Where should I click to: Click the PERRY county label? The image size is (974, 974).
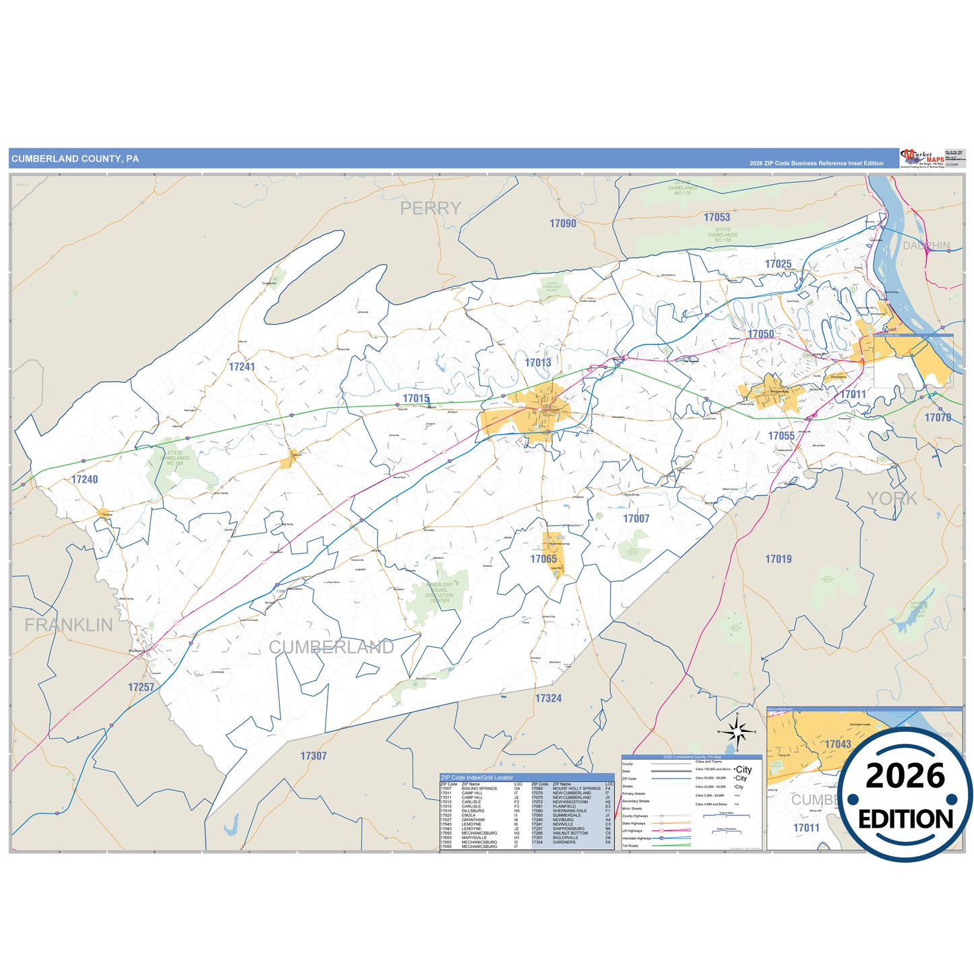[431, 208]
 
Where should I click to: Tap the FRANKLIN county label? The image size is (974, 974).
[69, 625]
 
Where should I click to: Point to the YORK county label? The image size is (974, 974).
[892, 499]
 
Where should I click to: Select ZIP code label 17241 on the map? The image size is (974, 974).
[242, 367]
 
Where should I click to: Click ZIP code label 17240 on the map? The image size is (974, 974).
[85, 479]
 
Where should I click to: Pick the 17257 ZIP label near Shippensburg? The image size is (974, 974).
[142, 687]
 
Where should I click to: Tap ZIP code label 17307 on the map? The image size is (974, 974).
[313, 756]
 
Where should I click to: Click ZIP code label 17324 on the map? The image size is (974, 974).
[548, 698]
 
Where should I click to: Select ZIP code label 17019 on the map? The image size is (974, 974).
[779, 559]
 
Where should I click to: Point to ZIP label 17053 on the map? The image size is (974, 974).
[717, 217]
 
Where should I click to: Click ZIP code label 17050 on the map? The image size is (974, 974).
[760, 334]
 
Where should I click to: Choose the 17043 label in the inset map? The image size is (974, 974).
[838, 744]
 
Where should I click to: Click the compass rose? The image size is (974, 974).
[738, 731]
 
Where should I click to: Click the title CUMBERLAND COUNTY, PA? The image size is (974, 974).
[75, 159]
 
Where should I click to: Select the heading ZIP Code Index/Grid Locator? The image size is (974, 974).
[477, 777]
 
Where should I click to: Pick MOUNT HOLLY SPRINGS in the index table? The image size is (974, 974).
[576, 789]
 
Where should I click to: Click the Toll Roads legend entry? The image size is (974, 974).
[630, 845]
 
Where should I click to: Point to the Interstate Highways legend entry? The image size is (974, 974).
[637, 838]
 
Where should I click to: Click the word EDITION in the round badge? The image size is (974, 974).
[905, 819]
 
